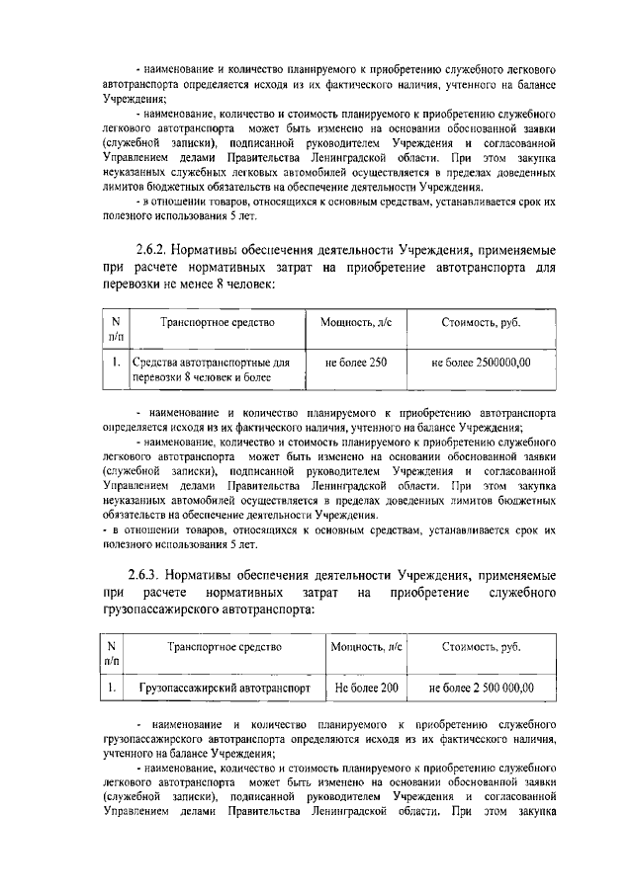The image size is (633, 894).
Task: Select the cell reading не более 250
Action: (x=357, y=363)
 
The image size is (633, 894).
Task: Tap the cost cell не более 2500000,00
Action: (x=482, y=363)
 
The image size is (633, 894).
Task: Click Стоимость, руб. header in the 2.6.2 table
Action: (x=482, y=322)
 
